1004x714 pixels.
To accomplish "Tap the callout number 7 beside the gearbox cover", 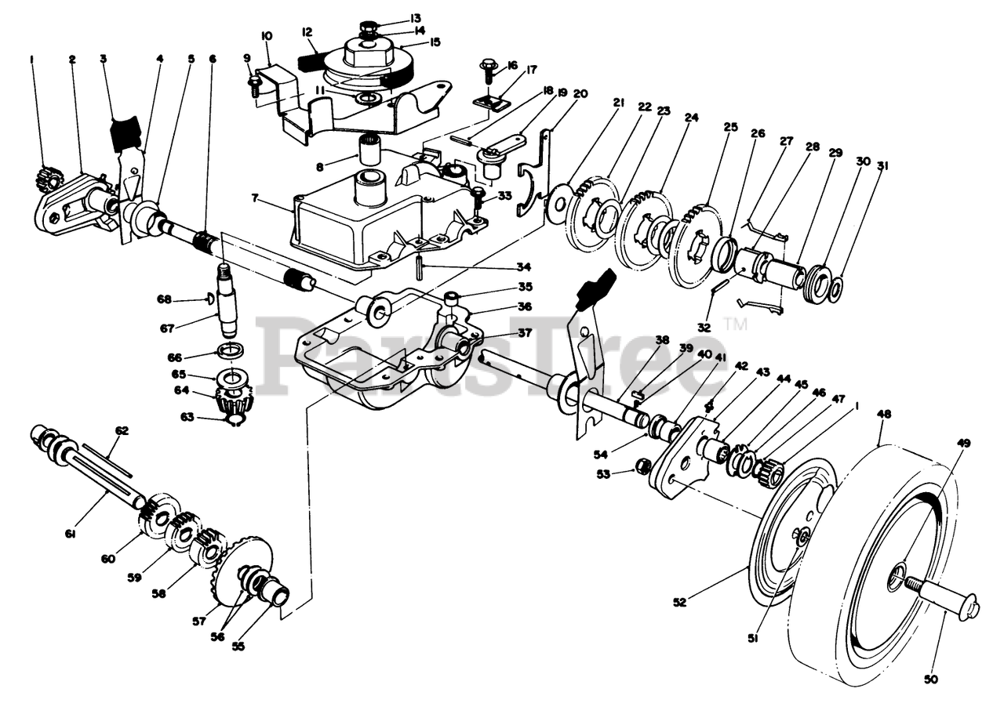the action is click(255, 198).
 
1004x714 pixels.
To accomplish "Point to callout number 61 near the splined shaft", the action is click(69, 534).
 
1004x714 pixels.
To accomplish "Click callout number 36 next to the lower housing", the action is click(525, 306).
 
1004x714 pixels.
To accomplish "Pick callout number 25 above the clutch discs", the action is click(730, 127).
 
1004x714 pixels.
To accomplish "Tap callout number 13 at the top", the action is click(416, 18).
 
